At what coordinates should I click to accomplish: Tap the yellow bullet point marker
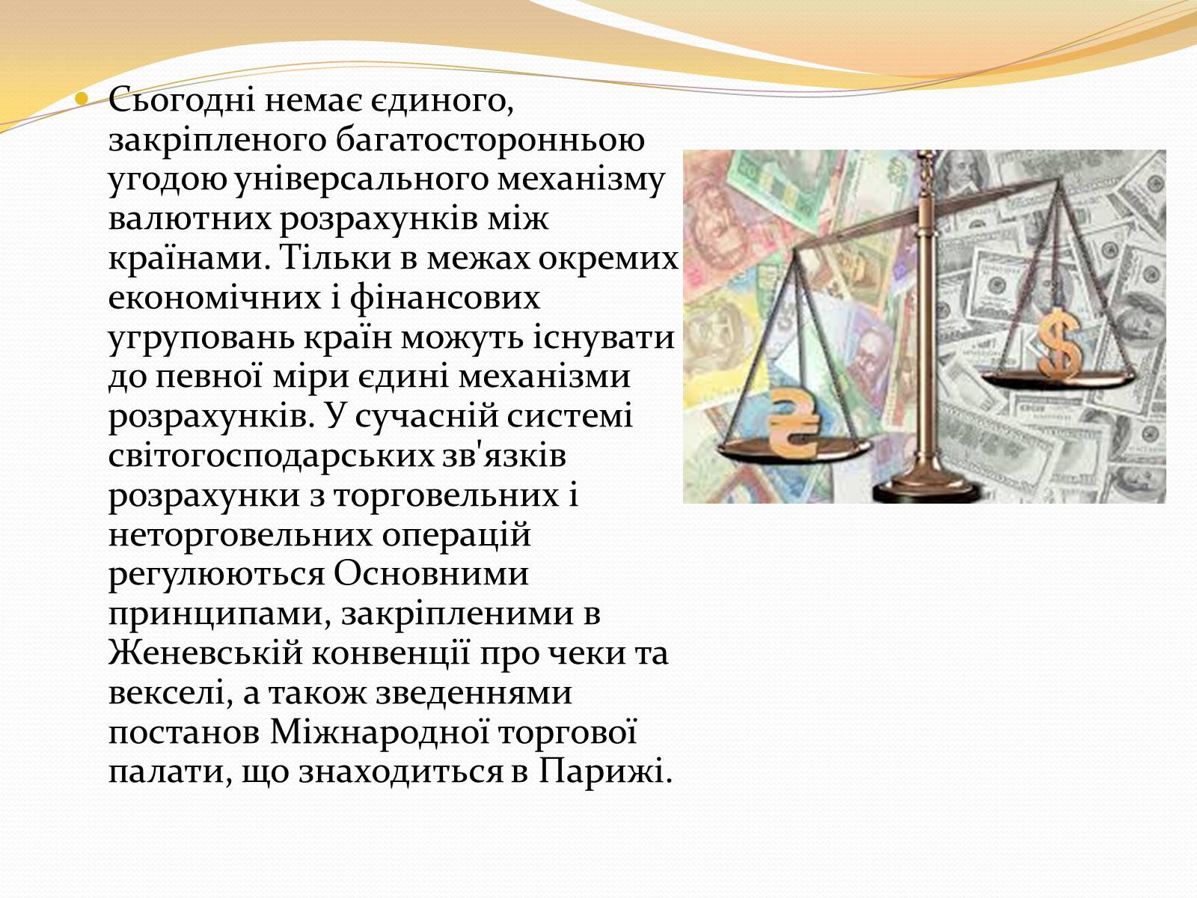[82, 99]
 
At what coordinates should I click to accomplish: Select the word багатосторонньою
[490, 141]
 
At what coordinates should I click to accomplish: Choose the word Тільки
[335, 257]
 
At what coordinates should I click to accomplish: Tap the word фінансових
[444, 299]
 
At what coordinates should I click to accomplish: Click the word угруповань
[202, 338]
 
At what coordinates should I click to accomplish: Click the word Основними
[431, 574]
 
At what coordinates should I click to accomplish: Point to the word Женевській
[206, 653]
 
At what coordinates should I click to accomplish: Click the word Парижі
[605, 772]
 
